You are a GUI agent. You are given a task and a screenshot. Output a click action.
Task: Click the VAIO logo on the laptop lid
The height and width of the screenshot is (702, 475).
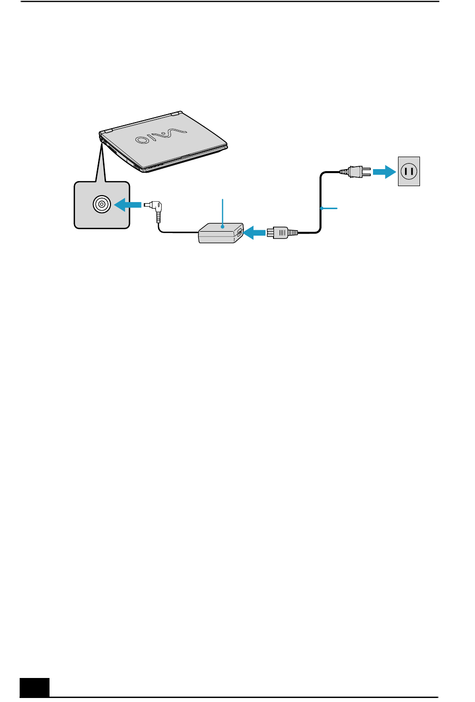click(x=160, y=136)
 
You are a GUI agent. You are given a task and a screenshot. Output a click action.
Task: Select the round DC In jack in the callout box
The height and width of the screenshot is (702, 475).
click(x=102, y=204)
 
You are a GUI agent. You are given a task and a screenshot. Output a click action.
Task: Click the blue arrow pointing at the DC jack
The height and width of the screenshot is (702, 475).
click(x=127, y=205)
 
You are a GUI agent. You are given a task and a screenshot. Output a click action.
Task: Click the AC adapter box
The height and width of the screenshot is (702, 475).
click(x=221, y=233)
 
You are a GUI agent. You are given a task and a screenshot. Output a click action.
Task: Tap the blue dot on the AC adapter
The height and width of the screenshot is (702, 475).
click(x=222, y=226)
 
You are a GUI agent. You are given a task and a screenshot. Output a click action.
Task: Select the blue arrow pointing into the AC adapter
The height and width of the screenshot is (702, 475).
click(x=254, y=233)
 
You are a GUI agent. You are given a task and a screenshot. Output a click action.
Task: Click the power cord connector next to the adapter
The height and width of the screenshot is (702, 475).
click(x=282, y=233)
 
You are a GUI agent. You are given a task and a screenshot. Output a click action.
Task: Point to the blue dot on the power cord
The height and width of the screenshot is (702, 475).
click(x=321, y=208)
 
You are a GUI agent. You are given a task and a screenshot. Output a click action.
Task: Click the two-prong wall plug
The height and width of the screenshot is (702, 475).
click(x=355, y=172)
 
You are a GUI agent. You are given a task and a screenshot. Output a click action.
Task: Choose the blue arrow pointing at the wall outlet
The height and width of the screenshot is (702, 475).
click(x=384, y=172)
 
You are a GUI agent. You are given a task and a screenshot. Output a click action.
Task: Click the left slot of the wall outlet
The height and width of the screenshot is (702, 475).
click(x=406, y=172)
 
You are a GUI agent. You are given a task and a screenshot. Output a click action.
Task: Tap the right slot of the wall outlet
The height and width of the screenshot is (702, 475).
click(x=412, y=172)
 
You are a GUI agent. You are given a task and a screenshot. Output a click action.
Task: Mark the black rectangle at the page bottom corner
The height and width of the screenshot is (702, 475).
click(x=34, y=687)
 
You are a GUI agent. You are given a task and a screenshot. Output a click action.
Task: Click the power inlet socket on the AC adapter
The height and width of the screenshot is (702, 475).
click(x=239, y=233)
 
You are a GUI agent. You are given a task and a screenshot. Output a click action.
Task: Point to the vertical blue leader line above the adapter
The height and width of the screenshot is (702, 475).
click(x=222, y=212)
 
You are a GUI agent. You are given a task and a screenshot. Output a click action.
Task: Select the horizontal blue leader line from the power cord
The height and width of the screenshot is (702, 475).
click(x=329, y=208)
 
